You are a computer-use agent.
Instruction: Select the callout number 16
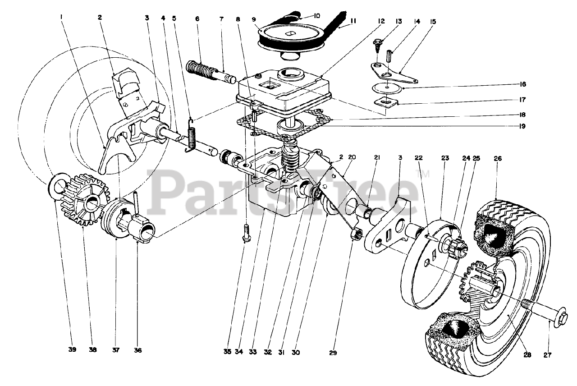[522, 84]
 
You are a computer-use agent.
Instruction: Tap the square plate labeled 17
[386, 103]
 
